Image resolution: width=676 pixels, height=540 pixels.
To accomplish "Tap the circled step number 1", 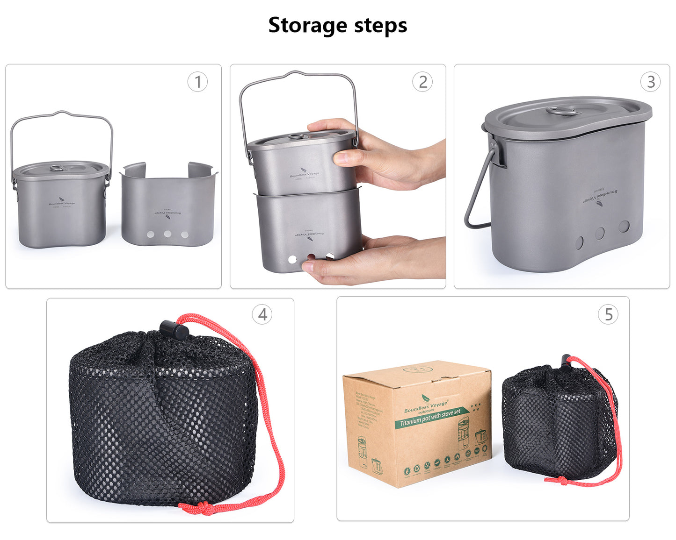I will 197,82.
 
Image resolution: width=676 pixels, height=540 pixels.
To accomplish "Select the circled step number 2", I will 422,82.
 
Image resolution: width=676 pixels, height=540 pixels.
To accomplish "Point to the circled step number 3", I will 650,82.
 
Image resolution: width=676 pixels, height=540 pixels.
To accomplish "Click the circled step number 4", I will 262,314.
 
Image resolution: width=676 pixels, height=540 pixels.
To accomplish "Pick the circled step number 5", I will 608,314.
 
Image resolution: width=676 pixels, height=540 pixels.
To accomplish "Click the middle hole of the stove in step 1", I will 167,234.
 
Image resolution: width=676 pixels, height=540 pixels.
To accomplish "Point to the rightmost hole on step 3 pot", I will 624,227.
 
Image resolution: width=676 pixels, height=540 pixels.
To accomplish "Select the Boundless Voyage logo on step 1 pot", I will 62,204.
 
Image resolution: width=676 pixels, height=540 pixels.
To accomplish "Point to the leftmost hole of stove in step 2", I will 292,259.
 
